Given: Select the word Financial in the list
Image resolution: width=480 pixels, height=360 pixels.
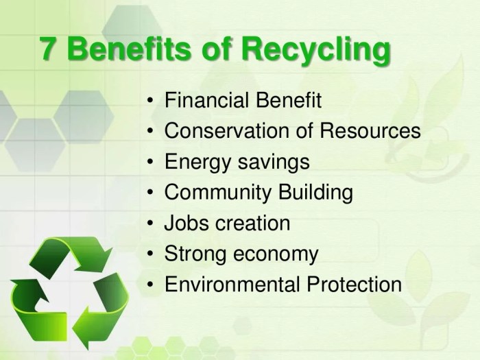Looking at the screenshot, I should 206,101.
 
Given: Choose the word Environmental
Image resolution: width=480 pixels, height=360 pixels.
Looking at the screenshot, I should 231,284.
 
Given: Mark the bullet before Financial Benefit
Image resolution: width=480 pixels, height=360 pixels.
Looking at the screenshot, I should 151,102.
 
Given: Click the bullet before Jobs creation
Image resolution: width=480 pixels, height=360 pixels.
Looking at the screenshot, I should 151,224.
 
